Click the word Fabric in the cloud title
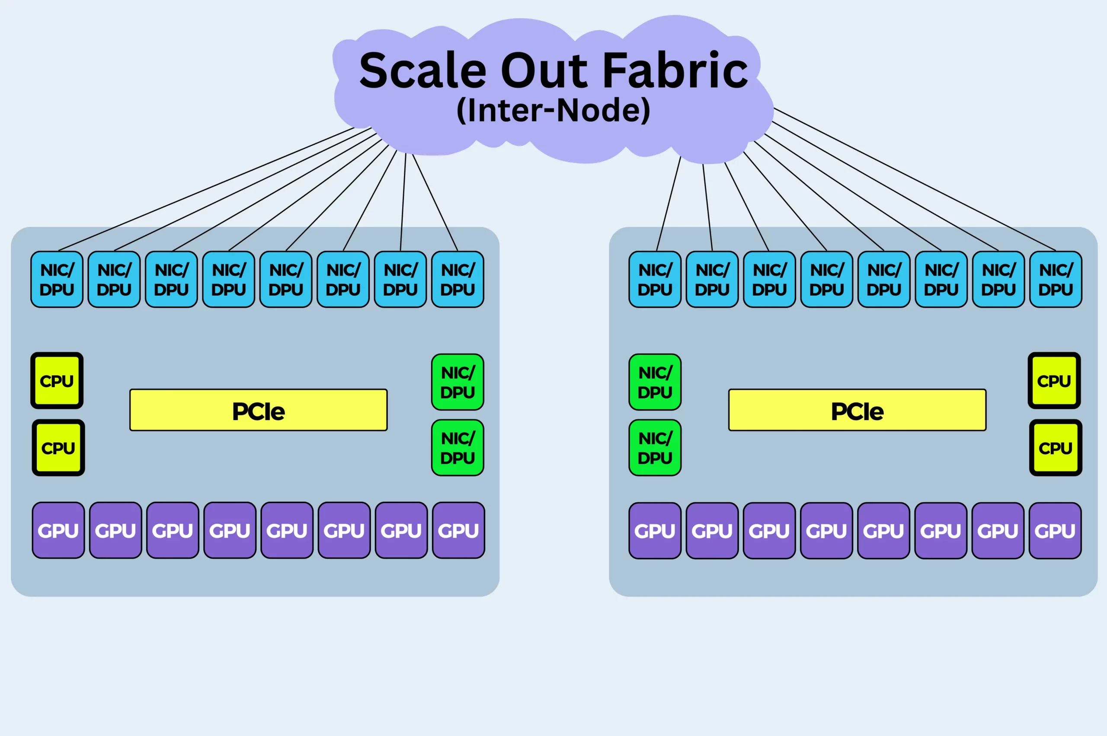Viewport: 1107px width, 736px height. coord(675,70)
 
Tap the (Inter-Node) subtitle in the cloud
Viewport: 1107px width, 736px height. coord(553,110)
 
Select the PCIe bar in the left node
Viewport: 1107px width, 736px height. coord(258,410)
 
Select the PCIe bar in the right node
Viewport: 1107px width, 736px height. coord(857,410)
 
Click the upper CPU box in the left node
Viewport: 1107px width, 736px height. coord(57,381)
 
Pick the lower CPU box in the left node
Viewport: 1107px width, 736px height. coord(58,448)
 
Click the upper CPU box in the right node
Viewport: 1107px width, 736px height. coord(1054,381)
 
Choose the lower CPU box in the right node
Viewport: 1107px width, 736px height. coord(1056,448)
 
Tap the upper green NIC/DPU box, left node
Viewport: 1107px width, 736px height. coord(458,382)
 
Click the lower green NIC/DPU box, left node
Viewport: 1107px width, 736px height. coord(458,448)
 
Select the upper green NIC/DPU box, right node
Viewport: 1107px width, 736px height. coord(655,382)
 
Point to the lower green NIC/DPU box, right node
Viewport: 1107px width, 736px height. coord(655,448)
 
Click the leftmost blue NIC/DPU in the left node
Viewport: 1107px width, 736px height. coord(57,279)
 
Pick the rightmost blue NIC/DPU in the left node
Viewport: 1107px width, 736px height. coord(458,279)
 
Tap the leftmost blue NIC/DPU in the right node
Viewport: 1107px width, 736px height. coord(655,279)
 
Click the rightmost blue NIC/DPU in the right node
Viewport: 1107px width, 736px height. coord(1056,279)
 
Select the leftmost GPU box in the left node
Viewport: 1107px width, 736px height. coord(58,530)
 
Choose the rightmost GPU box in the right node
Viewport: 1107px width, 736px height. coord(1055,531)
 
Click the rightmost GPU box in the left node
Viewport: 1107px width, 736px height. coord(458,530)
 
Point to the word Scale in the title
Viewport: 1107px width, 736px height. coord(423,70)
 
